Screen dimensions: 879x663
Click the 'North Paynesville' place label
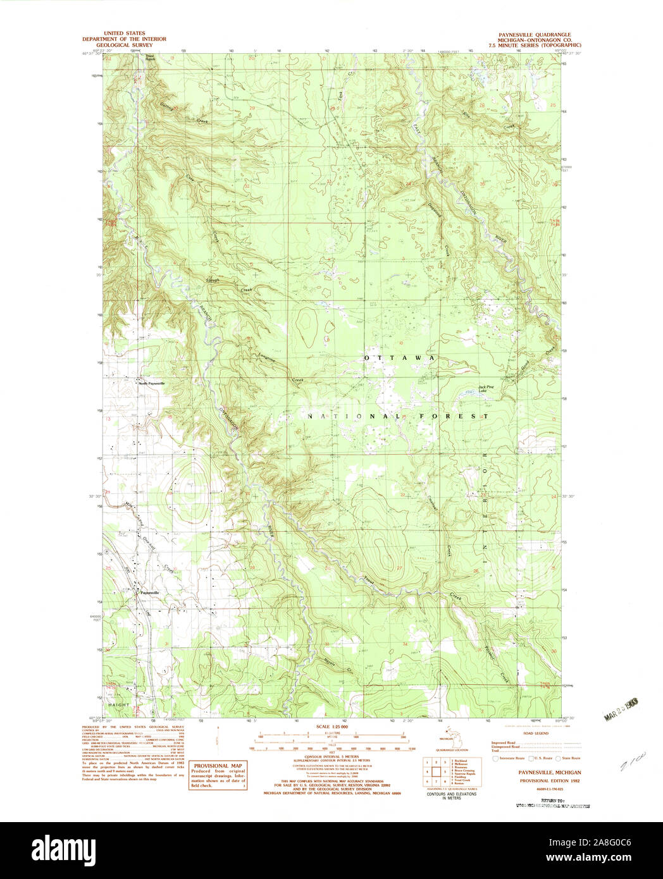(x=151, y=383)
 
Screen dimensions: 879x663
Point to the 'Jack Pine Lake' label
(x=486, y=389)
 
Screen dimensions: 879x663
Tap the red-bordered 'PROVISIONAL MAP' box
(x=218, y=775)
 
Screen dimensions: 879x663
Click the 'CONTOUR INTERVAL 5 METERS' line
(x=332, y=756)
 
